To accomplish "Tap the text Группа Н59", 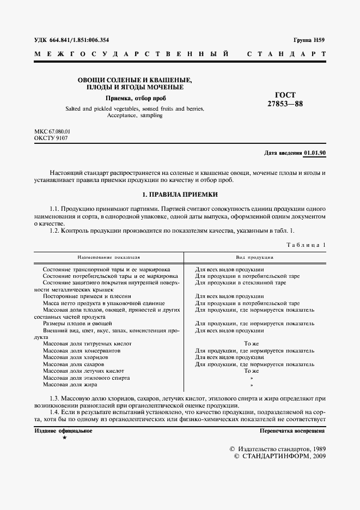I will click(309, 40).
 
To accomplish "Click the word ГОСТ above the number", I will click(285, 95).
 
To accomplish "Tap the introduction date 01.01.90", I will click(315, 153).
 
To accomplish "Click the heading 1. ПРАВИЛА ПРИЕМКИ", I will click(180, 194).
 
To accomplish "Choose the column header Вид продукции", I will click(254, 256).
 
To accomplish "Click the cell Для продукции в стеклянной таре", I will click(240, 283).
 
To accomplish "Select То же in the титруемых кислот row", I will click(251, 344).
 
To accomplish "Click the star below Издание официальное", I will click(65, 438).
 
